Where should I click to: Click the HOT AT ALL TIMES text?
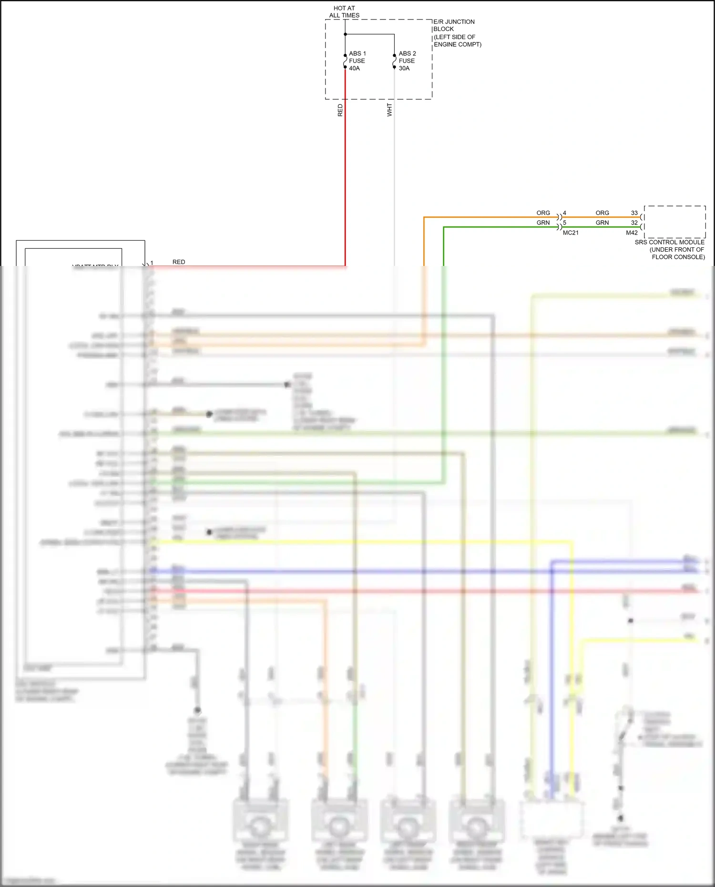344,12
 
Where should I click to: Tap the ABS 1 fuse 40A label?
357,61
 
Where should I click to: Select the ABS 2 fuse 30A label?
407,61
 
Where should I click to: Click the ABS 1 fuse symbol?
345,61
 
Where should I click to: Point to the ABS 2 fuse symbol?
394,61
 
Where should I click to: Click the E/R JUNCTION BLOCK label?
454,25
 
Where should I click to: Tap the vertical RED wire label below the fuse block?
340,110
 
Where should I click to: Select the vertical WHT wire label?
389,110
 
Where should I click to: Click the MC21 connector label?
571,233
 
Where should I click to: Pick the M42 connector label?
632,233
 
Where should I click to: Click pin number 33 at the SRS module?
634,213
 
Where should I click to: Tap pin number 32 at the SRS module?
634,223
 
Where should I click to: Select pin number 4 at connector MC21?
564,213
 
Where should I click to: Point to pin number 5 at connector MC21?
564,223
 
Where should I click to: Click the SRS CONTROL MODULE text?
670,242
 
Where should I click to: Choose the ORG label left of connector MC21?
543,213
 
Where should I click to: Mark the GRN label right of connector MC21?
602,223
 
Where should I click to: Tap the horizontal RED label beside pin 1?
179,262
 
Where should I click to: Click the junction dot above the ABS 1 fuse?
345,34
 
